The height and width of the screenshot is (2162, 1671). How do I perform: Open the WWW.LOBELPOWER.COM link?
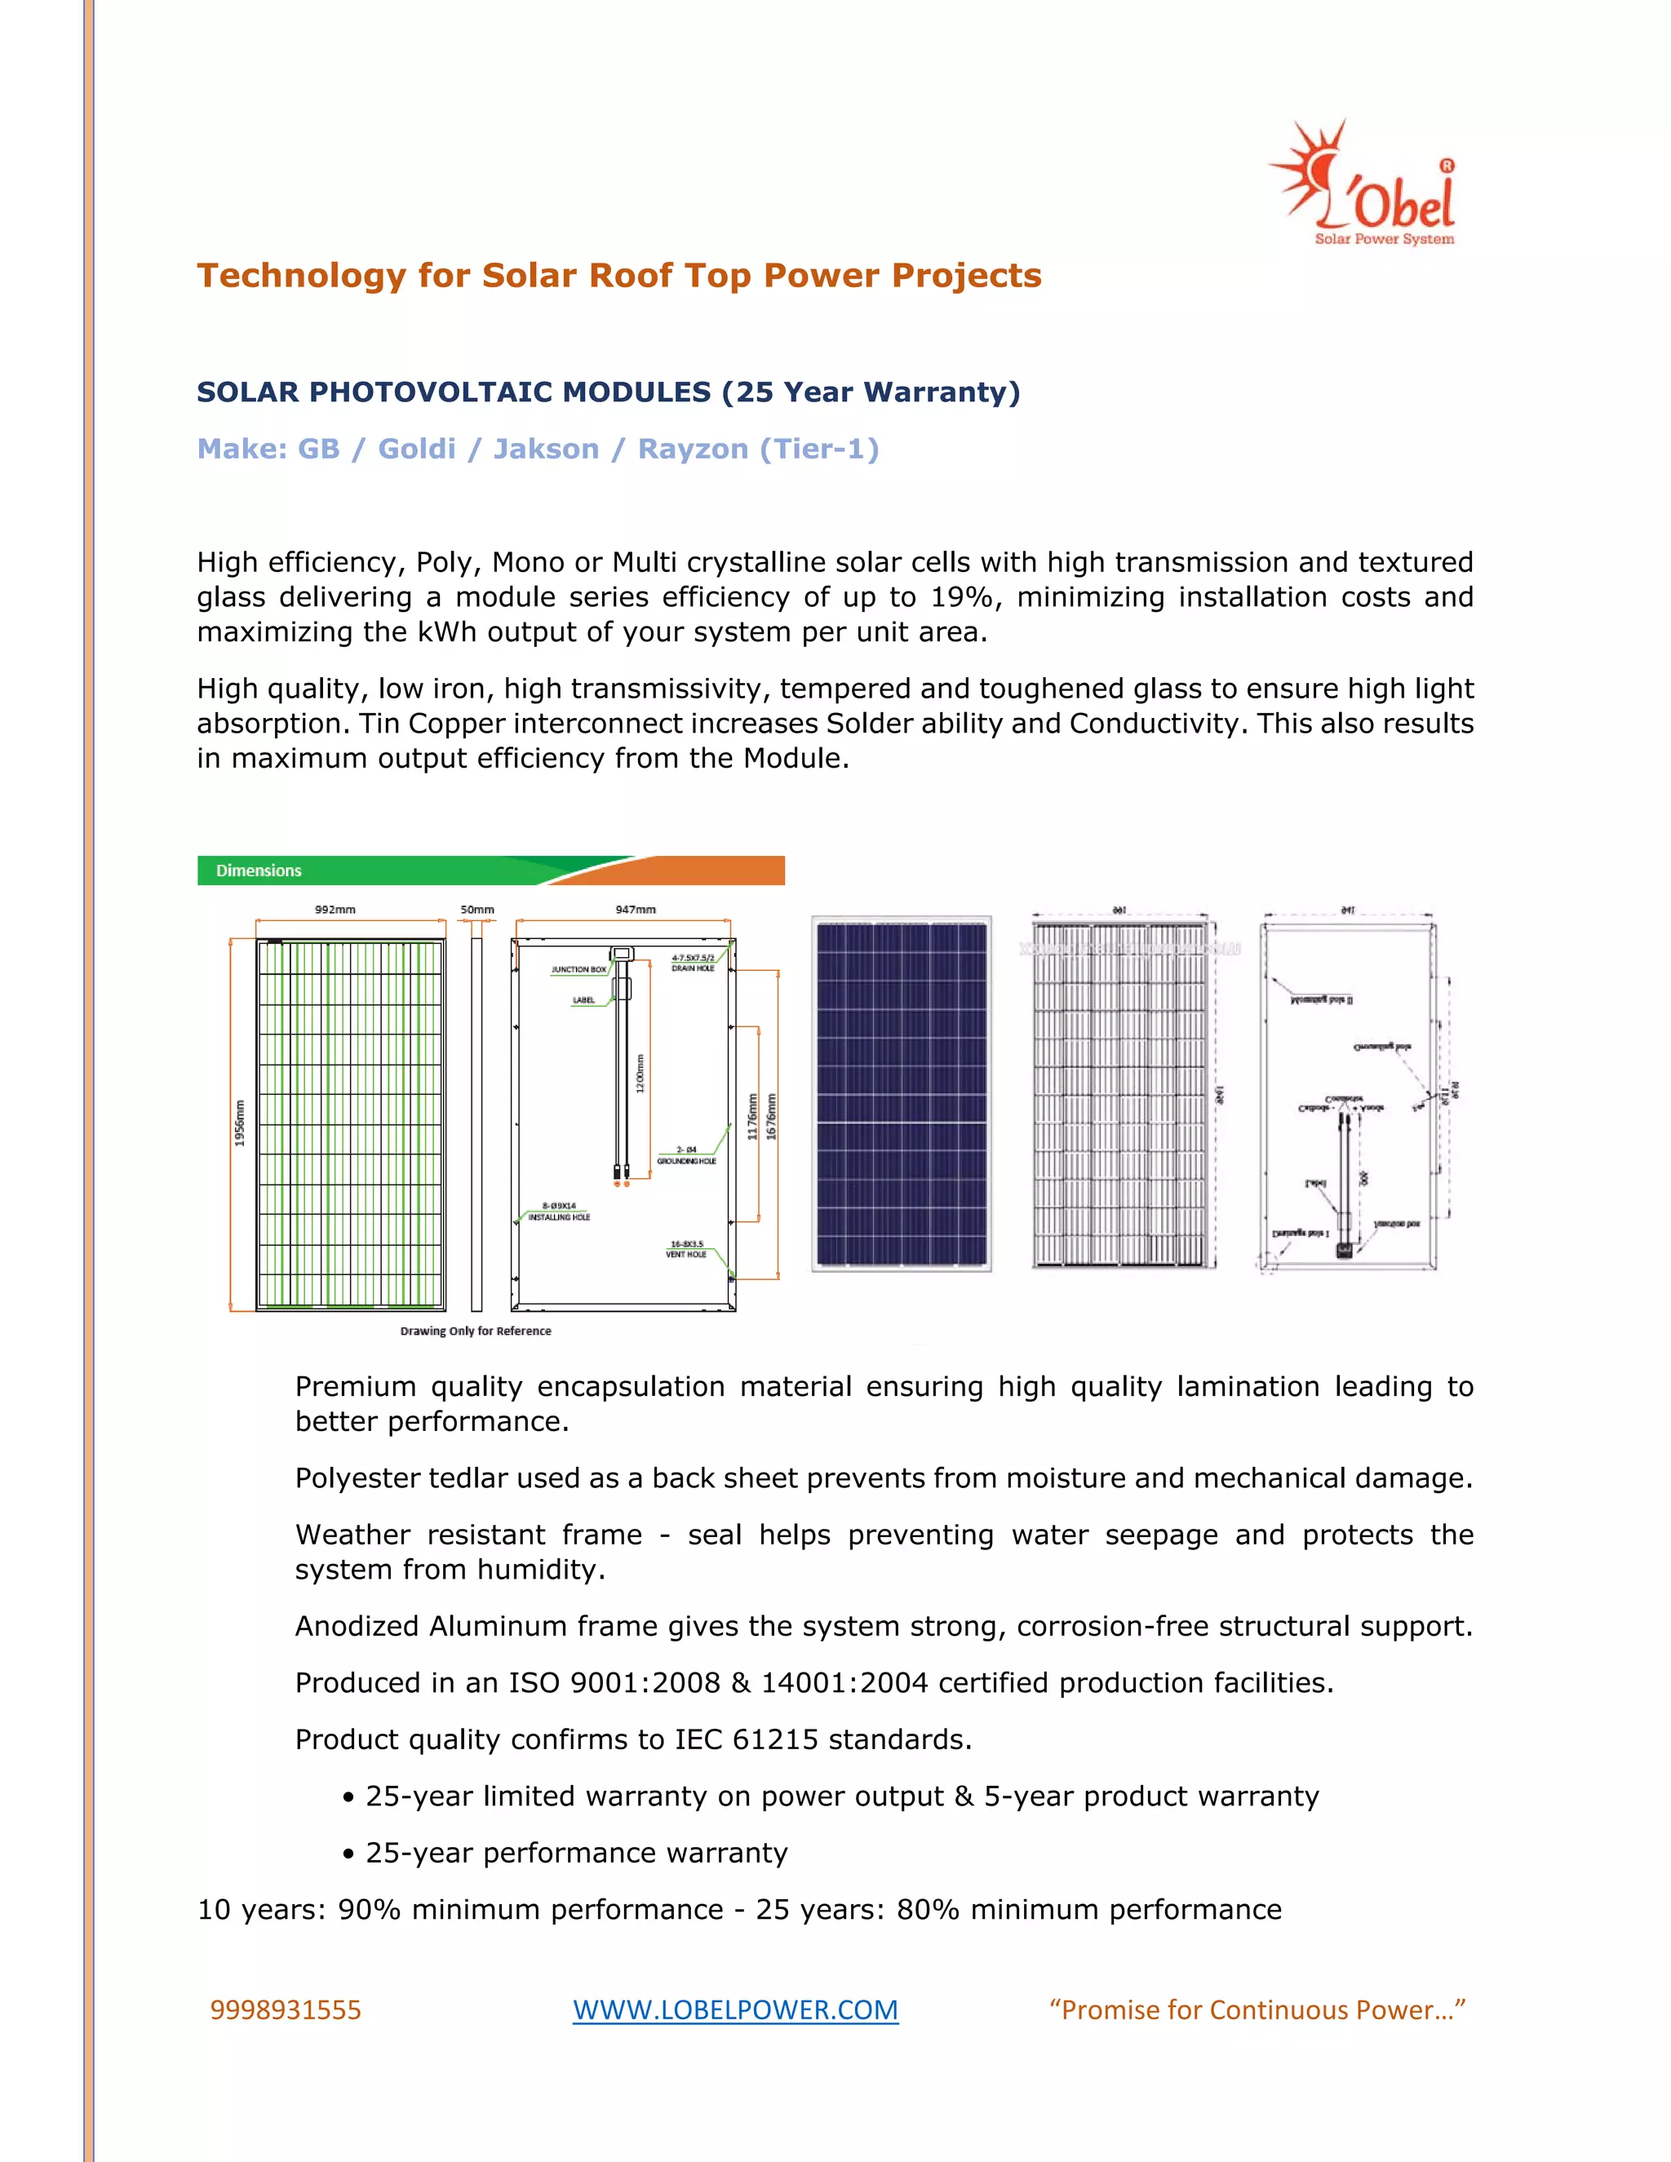coord(735,2009)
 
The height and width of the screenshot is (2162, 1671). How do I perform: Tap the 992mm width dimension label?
coord(335,909)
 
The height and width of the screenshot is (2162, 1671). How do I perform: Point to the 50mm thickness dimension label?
coord(477,909)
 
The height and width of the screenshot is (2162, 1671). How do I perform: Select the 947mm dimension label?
coord(636,909)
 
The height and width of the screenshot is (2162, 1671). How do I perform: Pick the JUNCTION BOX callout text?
coord(579,969)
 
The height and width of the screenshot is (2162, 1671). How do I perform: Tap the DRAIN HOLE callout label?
coord(693,968)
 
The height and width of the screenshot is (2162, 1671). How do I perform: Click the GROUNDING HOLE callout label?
coord(687,1160)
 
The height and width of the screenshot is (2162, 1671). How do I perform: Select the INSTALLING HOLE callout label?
coord(559,1216)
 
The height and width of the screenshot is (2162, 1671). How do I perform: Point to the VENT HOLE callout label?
coord(686,1254)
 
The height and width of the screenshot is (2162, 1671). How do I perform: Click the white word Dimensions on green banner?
coord(259,871)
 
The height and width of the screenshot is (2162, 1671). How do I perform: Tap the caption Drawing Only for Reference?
coord(475,1331)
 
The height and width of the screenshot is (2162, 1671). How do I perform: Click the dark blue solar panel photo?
coord(901,1093)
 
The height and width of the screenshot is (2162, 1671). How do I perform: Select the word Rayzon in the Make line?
coord(693,450)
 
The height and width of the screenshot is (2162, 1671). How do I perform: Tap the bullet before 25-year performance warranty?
coord(348,1854)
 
